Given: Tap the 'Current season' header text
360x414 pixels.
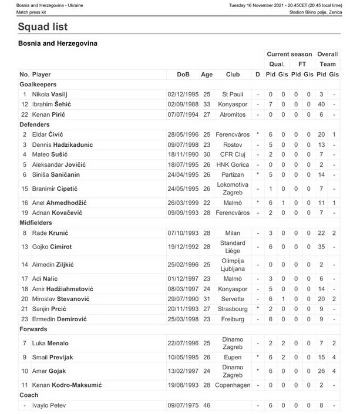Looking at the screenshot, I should pyautogui.click(x=290, y=54).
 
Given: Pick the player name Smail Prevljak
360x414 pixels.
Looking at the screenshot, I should pyautogui.click(x=53, y=356).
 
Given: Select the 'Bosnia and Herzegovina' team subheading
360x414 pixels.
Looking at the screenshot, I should pyautogui.click(x=58, y=43).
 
